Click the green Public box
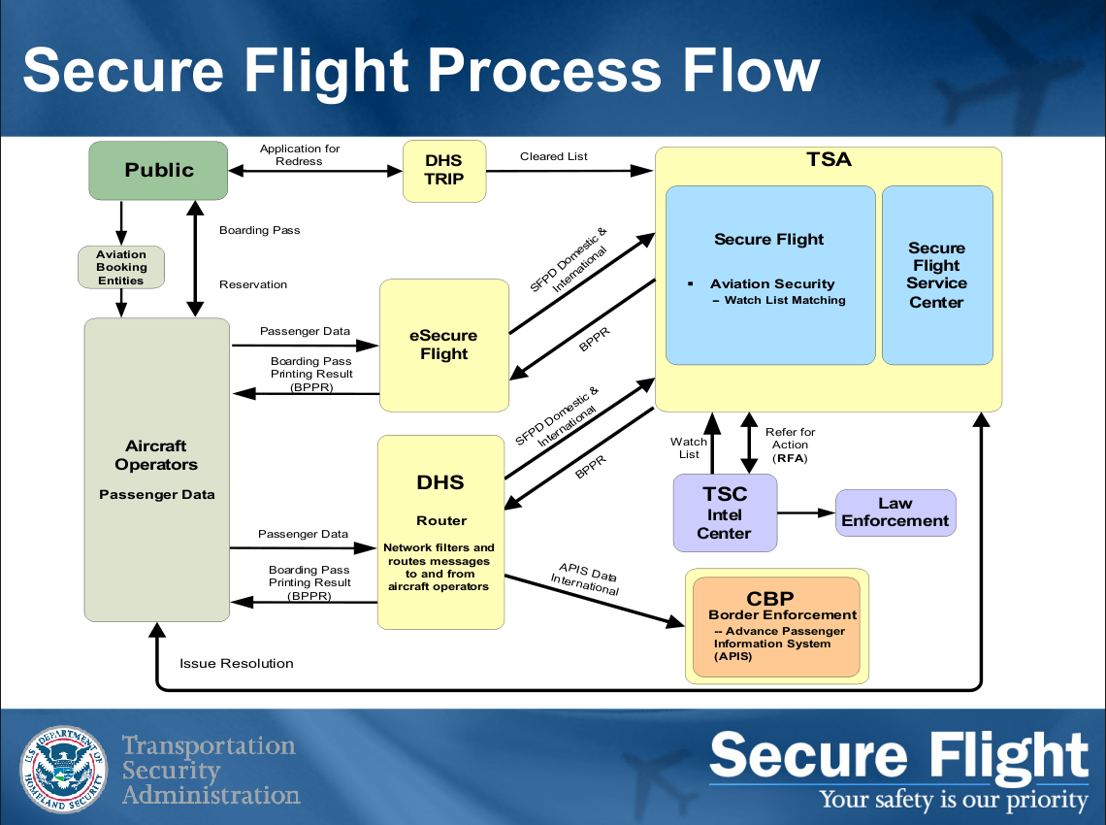coord(159,170)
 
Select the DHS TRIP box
coord(443,171)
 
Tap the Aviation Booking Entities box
coord(121,268)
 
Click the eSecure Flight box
coord(443,346)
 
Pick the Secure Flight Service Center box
coord(936,276)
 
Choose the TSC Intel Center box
coord(725,512)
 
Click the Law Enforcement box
coord(895,512)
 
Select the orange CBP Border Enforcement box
coord(776,627)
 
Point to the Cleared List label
coord(554,156)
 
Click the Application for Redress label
coord(300,155)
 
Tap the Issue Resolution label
coord(237,664)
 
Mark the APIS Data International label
coord(586,578)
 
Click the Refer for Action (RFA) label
coord(790,445)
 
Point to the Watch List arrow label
coord(689,447)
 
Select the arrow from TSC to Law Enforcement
coord(805,512)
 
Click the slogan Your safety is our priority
coord(954,800)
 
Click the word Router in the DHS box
coord(441,520)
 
